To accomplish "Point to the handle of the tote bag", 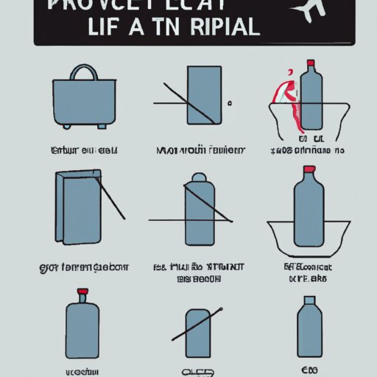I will click(83, 74).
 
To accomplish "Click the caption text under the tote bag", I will click(84, 150).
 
